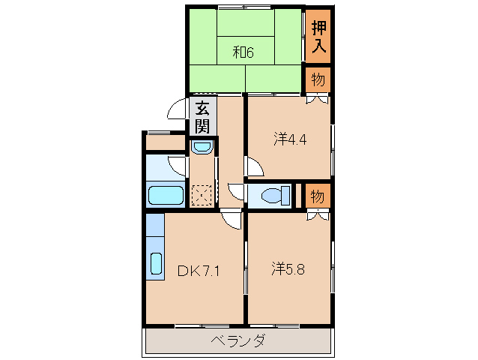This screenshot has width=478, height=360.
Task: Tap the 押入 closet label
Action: [318, 36]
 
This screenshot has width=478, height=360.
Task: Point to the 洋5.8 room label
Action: [288, 268]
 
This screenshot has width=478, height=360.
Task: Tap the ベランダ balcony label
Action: [238, 341]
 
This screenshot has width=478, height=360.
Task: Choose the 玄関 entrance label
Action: [202, 116]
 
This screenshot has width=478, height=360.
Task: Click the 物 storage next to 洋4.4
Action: [318, 79]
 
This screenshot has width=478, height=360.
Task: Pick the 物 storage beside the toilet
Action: [318, 196]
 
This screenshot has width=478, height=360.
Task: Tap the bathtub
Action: [166, 196]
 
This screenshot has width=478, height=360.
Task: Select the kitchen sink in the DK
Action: [156, 263]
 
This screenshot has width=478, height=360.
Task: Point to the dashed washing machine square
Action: [202, 195]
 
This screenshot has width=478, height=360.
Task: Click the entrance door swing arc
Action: [177, 109]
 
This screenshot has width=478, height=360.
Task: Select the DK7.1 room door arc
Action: [233, 219]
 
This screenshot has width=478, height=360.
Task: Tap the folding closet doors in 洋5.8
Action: [318, 217]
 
